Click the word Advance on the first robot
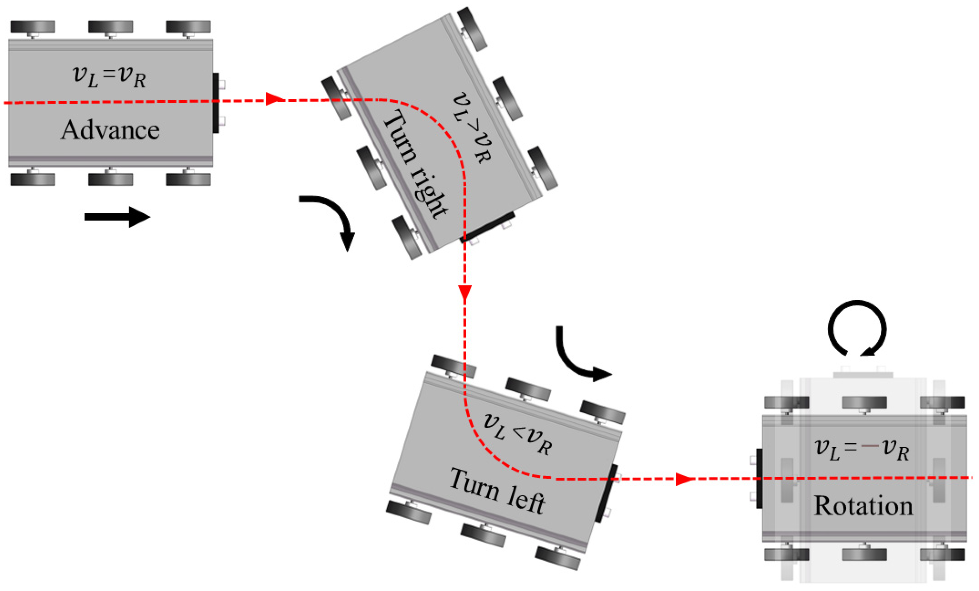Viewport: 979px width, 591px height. click(x=110, y=130)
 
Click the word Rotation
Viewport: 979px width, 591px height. click(x=863, y=506)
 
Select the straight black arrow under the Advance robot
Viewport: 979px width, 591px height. click(x=117, y=217)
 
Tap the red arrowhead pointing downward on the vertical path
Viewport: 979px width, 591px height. click(x=465, y=292)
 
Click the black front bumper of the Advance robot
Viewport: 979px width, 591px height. click(x=216, y=103)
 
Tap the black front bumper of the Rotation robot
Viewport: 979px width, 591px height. click(x=759, y=478)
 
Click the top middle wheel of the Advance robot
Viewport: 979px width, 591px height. click(x=110, y=27)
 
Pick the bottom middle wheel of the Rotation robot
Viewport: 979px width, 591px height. click(x=864, y=554)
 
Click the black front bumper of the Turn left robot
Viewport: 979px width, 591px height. click(x=606, y=493)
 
